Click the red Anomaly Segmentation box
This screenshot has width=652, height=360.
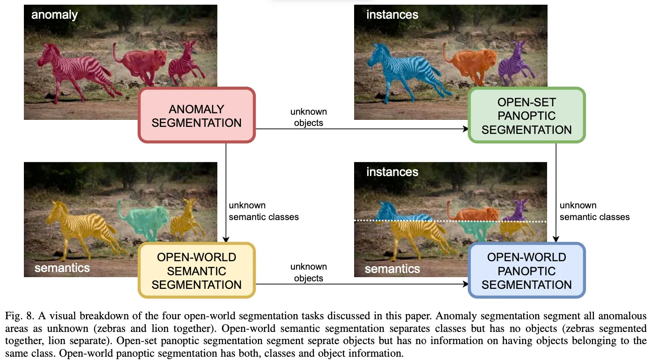pos(197,115)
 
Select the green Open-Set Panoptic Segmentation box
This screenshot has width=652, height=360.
pos(526,116)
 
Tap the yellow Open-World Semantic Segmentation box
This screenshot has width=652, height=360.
pos(197,271)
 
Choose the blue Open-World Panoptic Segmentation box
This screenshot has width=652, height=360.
pos(526,271)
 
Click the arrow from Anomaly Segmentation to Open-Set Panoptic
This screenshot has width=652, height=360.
pos(361,129)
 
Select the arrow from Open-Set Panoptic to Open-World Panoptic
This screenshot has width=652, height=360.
pos(556,192)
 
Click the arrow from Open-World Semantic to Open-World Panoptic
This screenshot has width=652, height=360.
pos(361,284)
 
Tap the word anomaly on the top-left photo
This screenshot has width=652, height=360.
pos(54,15)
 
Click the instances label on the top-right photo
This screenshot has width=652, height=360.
pos(392,15)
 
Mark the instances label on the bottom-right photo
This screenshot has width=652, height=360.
pos(392,172)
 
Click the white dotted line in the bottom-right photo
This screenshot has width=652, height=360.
pos(450,220)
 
